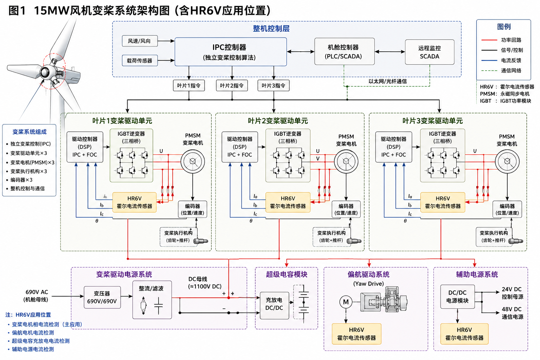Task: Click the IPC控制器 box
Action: (231, 52)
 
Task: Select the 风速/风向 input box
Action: (140, 41)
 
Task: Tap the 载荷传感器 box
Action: (140, 60)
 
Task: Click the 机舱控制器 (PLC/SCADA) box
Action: (345, 51)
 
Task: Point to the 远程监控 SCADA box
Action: (430, 52)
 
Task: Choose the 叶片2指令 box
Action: (232, 85)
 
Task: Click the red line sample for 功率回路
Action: (489, 40)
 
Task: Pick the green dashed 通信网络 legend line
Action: (489, 71)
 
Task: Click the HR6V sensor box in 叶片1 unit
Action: (135, 202)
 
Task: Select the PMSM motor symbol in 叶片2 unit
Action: (346, 161)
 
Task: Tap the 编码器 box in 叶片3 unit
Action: (507, 209)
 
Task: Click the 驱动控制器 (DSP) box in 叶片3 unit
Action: (394, 147)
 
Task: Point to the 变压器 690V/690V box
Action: (102, 297)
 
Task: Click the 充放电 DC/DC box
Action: (274, 304)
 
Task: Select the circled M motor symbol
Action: (346, 302)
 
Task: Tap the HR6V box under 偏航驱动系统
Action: (356, 334)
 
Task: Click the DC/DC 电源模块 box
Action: (457, 297)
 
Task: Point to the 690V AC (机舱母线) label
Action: (36, 296)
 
